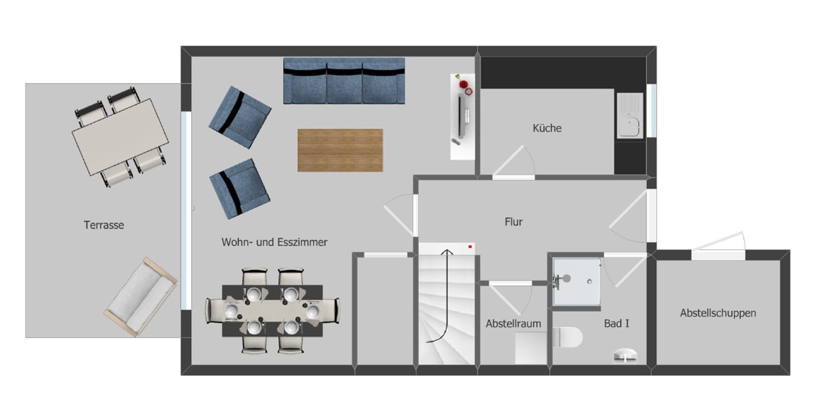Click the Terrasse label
click(104, 225)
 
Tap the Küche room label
click(547, 128)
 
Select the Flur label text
click(514, 222)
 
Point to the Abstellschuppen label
click(718, 313)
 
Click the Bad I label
click(616, 323)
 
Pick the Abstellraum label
click(513, 323)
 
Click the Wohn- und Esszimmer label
click(274, 242)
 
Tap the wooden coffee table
click(340, 150)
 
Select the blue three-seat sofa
click(344, 81)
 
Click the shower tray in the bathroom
click(577, 282)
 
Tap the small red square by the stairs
click(470, 247)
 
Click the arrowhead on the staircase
click(447, 252)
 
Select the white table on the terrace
click(120, 137)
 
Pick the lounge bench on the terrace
click(141, 297)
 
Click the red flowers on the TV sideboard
click(464, 85)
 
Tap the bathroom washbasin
click(625, 355)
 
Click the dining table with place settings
click(272, 311)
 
